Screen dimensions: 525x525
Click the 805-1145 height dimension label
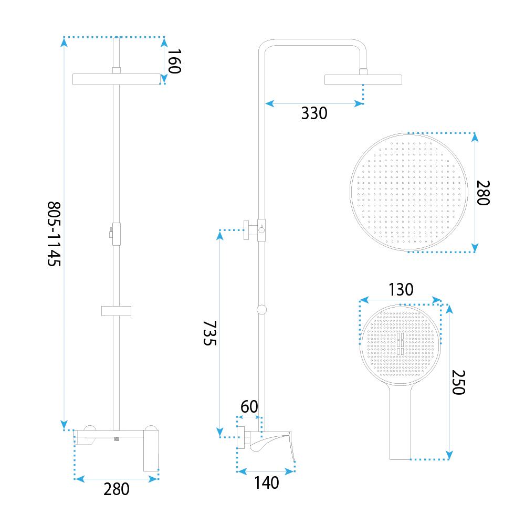[x=54, y=234]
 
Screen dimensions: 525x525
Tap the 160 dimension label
[x=174, y=61]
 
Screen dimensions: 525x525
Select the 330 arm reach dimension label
[x=314, y=113]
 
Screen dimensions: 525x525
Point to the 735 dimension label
[x=210, y=333]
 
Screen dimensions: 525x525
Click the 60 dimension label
[x=249, y=406]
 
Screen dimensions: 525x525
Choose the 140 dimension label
[x=267, y=482]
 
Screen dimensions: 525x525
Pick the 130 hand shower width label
[x=401, y=289]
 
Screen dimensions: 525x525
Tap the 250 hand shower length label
[x=458, y=382]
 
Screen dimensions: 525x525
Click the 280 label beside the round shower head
[x=483, y=193]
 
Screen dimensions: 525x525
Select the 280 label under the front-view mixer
[x=116, y=489]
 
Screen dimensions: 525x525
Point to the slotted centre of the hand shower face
[x=400, y=343]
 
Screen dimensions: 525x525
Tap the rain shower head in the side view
[x=363, y=79]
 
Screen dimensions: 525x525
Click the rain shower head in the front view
[x=117, y=79]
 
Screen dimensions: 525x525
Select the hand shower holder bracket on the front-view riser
[x=116, y=311]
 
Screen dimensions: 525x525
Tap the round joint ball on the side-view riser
[x=262, y=310]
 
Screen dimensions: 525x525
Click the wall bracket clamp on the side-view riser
[x=255, y=230]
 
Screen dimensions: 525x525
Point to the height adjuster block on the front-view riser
[x=116, y=234]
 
